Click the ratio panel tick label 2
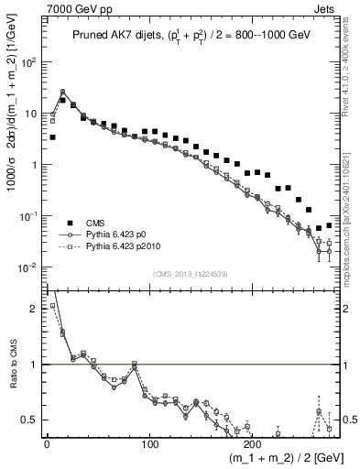(35, 309)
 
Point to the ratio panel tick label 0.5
(31, 420)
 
